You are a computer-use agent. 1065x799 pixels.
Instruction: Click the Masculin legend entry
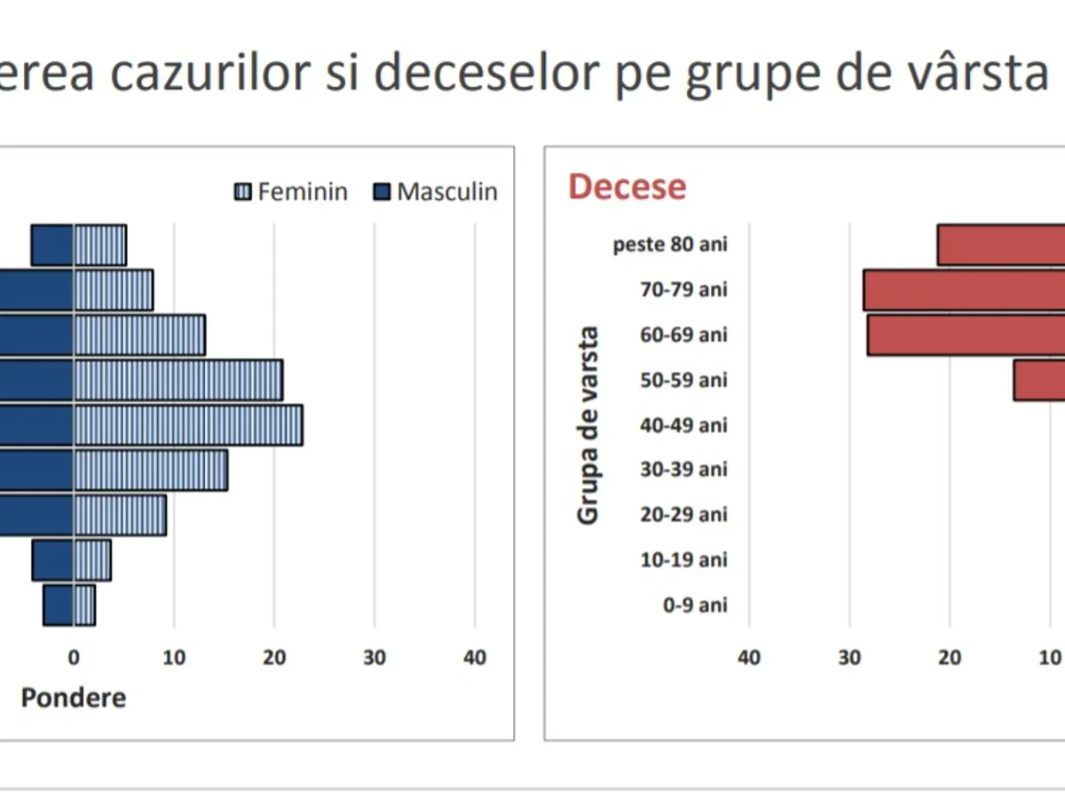pos(435,192)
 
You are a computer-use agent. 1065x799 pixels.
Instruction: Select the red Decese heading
pos(627,187)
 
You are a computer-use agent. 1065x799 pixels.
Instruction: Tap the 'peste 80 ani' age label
pos(670,244)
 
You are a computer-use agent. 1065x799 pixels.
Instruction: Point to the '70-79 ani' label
pos(682,289)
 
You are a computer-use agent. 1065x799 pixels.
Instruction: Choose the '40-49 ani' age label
pos(682,424)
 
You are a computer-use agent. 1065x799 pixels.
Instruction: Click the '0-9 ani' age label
pos(694,605)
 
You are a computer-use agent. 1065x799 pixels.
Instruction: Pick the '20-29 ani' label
pos(682,515)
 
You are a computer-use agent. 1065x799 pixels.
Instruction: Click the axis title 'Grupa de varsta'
pos(588,425)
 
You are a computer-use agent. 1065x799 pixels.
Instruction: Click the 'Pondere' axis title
pos(73,698)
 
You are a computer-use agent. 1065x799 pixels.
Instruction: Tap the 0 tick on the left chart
pos(74,658)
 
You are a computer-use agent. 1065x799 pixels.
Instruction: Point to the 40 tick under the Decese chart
pos(749,658)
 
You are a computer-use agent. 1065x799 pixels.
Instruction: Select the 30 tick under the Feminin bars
pos(375,658)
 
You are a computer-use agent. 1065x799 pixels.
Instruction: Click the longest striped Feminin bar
pos(188,425)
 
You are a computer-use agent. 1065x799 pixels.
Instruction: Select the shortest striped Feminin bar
pos(84,605)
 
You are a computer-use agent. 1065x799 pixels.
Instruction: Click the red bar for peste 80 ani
pos(1001,245)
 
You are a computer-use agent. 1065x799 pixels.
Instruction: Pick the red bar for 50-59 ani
pos(1039,380)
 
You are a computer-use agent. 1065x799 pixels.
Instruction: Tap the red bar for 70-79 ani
pos(964,290)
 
